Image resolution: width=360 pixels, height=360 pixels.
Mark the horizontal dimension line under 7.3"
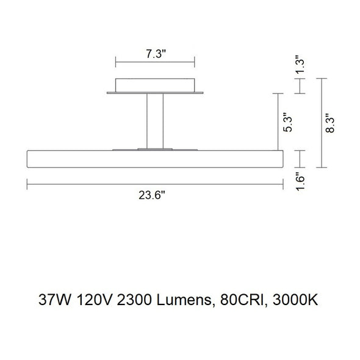click(x=155, y=62)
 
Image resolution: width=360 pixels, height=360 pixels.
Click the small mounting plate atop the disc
click(x=155, y=148)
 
